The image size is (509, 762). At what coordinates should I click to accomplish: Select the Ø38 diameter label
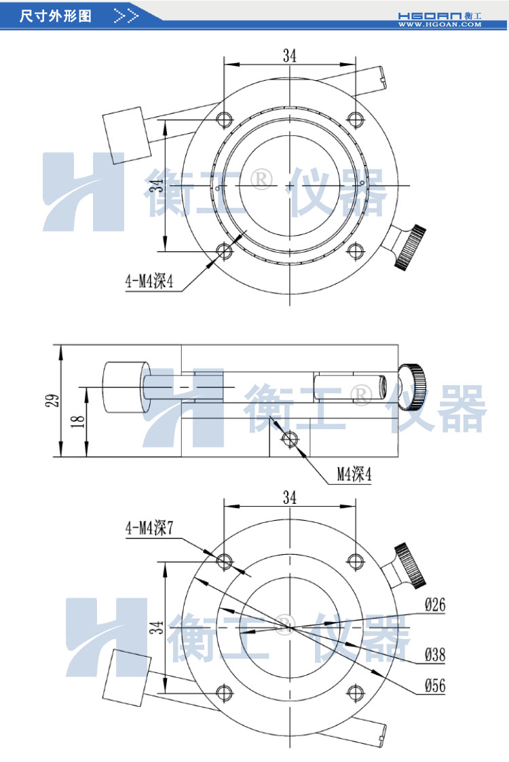[434, 655]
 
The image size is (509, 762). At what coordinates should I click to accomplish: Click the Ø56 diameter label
[434, 686]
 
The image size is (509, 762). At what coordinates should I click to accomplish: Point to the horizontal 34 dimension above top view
[290, 56]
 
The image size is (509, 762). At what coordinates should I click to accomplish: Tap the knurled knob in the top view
[411, 246]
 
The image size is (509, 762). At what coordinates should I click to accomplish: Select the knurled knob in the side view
[411, 388]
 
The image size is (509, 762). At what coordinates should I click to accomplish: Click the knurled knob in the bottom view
[411, 564]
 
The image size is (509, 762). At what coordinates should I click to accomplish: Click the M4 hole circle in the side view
[290, 439]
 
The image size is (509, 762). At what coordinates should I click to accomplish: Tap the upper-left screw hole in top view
[225, 120]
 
